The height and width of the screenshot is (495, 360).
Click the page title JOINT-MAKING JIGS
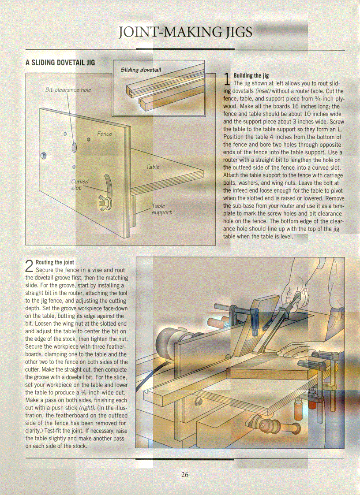coord(186,32)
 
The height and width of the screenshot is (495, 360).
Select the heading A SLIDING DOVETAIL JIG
coord(60,63)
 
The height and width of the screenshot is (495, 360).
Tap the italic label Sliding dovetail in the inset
coord(141,70)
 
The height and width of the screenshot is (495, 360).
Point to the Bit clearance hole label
coord(68,90)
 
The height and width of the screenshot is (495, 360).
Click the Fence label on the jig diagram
coord(105,134)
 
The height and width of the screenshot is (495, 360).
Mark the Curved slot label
coord(80,184)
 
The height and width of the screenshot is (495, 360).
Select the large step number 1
coord(227,79)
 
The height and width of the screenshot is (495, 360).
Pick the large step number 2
coord(30,266)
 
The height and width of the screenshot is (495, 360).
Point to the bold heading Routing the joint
coord(55,262)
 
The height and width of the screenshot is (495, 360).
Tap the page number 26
coord(185,475)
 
